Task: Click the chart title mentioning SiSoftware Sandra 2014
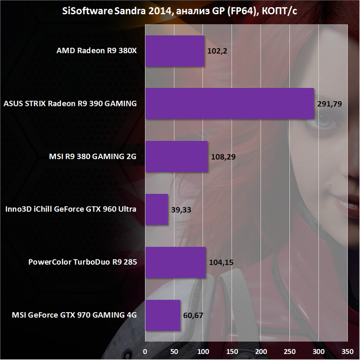tap(180, 11)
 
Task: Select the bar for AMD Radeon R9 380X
tap(175, 51)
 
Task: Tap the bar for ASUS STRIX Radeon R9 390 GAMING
tap(229, 103)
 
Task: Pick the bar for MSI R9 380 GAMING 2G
tap(176, 156)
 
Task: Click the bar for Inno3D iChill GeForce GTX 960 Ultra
tap(157, 209)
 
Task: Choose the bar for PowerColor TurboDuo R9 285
tap(175, 262)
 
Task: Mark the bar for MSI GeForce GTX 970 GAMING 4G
tap(163, 315)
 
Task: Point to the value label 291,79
tap(329, 103)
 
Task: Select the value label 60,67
tap(193, 315)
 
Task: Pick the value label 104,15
tap(221, 262)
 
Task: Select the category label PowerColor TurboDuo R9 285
tap(83, 262)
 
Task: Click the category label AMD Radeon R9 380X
tap(97, 51)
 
